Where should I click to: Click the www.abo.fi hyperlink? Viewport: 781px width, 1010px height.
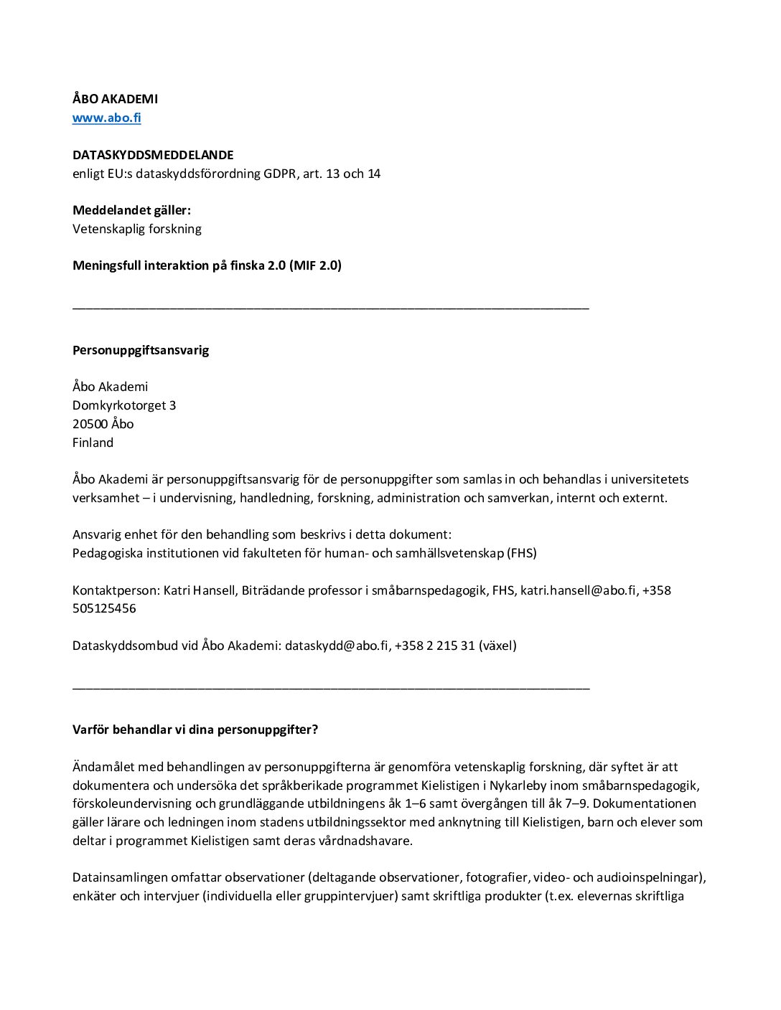click(x=106, y=118)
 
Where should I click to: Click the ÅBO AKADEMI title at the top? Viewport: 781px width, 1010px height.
click(x=115, y=99)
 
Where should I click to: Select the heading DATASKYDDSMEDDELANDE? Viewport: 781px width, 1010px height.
click(x=153, y=155)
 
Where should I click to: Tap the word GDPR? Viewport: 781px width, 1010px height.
click(x=279, y=174)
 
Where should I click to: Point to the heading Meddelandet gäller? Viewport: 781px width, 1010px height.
click(x=131, y=210)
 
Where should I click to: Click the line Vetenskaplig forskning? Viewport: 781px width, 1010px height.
click(x=136, y=229)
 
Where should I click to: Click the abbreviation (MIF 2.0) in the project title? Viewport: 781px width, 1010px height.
click(x=315, y=265)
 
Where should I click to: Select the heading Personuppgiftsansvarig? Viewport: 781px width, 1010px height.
click(x=141, y=350)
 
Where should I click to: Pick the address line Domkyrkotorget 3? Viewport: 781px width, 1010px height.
click(x=124, y=405)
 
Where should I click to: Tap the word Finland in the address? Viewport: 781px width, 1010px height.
click(x=93, y=443)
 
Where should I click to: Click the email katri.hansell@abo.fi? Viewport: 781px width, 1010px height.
click(x=578, y=590)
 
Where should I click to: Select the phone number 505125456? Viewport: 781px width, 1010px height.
click(x=104, y=608)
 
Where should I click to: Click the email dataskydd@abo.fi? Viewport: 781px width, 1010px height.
click(x=336, y=646)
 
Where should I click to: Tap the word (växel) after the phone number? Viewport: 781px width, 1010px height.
click(x=497, y=646)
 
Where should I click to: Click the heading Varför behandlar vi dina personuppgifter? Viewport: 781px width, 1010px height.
click(x=195, y=730)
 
